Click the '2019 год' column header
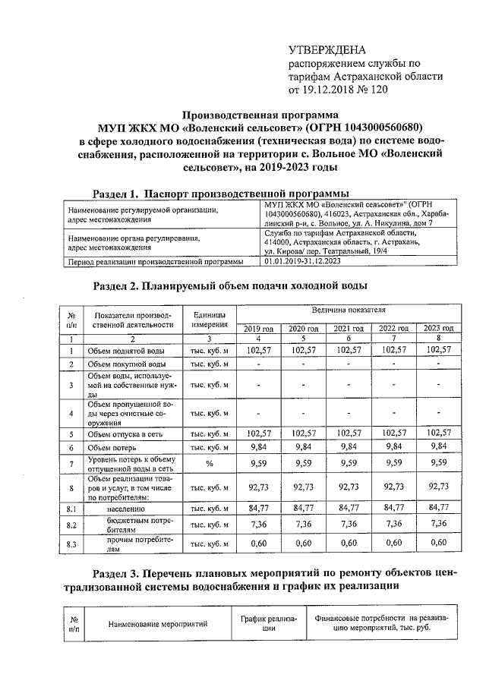click(259, 327)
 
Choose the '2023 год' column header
click(439, 327)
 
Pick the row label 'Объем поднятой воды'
click(126, 351)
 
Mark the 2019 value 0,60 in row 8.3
click(259, 543)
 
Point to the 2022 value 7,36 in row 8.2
click(393, 525)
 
